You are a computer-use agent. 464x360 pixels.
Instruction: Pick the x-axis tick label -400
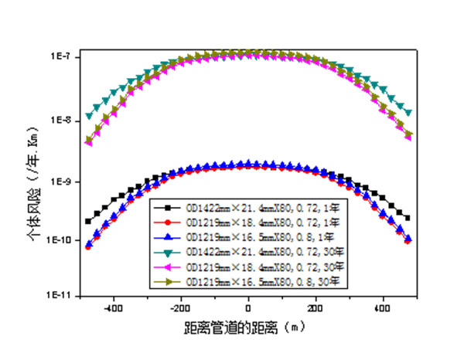click(114, 308)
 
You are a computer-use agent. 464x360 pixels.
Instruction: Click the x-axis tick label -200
click(181, 308)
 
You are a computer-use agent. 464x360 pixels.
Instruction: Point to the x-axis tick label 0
click(248, 308)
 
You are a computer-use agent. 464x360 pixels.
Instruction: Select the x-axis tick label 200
click(315, 308)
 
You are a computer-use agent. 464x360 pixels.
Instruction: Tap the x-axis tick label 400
click(381, 308)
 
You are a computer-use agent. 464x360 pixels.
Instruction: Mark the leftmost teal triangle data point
click(88, 117)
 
